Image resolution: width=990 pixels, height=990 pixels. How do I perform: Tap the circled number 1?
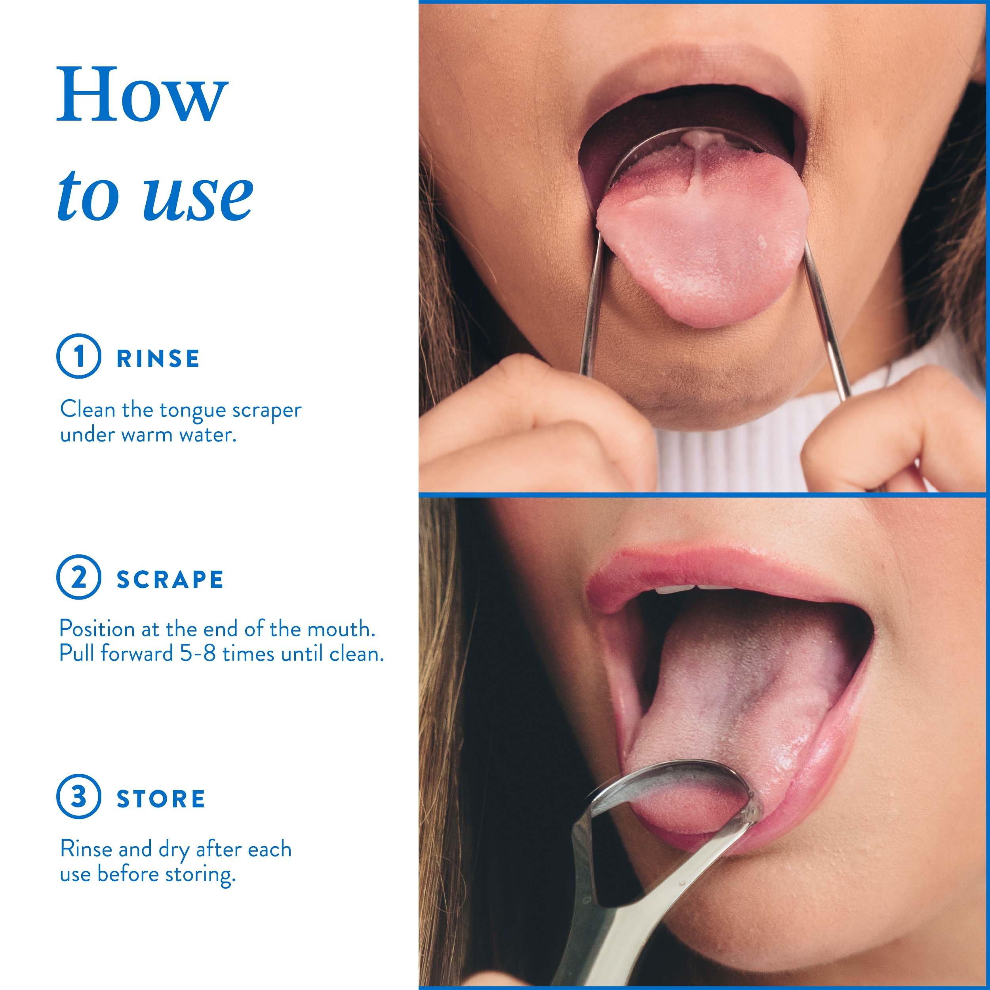[x=78, y=356]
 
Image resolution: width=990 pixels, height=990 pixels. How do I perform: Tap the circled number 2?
[x=78, y=577]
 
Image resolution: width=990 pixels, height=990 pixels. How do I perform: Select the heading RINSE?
[x=158, y=359]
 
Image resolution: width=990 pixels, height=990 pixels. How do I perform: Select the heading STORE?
[x=161, y=798]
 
